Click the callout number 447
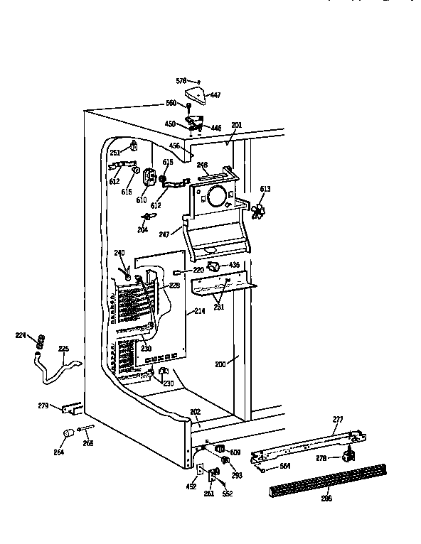(215, 94)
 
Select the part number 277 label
(337, 420)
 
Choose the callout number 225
(64, 349)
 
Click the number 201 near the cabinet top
(236, 126)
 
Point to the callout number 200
(222, 364)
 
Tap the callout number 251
(115, 153)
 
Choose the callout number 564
(284, 467)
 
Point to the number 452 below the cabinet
(192, 487)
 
